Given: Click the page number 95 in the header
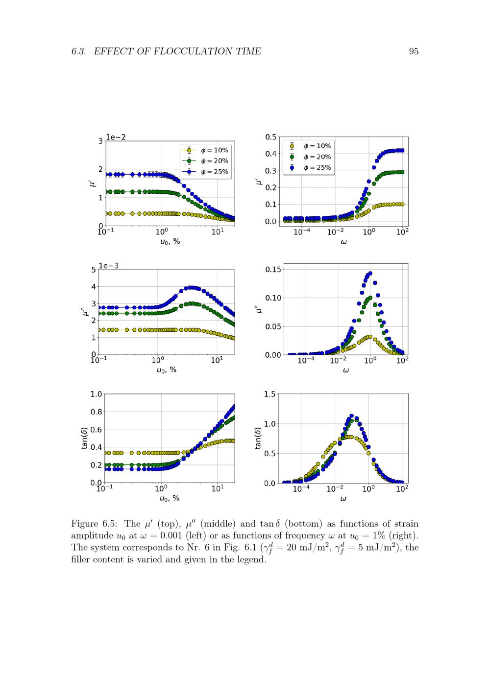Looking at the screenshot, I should tap(414, 51).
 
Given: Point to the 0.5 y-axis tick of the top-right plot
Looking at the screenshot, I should tap(271, 137).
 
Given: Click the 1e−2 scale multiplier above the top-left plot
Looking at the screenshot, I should tap(116, 137).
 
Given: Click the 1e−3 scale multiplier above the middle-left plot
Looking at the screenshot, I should tap(108, 266).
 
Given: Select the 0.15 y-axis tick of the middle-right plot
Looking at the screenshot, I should tap(273, 269).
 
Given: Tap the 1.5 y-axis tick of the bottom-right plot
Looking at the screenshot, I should tap(270, 394).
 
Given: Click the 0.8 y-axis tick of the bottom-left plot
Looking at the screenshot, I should tap(96, 412).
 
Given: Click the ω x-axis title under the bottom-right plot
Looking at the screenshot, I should tap(343, 499).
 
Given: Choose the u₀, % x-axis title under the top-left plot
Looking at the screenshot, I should tap(170, 241).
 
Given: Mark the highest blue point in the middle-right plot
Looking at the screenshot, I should tap(370, 274).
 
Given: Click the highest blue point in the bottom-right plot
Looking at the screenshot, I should tap(351, 416).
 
